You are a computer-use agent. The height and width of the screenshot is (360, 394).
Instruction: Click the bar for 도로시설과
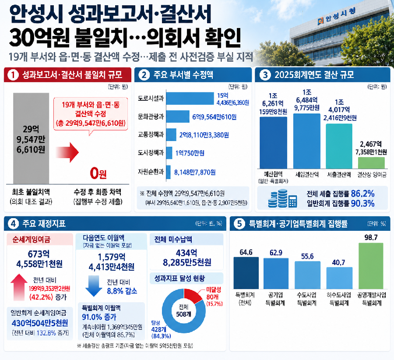[x=190, y=98]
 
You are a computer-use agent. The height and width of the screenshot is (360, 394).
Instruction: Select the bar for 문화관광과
[x=178, y=116]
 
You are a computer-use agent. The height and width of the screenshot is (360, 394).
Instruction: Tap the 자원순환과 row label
[x=151, y=172]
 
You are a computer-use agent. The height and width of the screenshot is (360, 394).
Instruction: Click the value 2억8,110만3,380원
[x=204, y=135]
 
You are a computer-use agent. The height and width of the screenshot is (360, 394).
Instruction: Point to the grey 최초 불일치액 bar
[x=31, y=138]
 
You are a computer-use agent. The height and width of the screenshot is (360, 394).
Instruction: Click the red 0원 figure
[x=98, y=173]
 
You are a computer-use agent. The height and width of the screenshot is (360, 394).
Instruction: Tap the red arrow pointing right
[x=67, y=152]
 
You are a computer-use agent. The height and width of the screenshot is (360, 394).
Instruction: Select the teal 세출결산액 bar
[x=339, y=146]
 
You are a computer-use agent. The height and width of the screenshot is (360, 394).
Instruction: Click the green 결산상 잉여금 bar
[x=371, y=163]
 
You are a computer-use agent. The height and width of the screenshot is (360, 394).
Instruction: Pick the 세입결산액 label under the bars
[x=307, y=175]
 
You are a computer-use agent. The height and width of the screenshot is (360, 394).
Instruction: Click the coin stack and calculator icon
[x=282, y=198]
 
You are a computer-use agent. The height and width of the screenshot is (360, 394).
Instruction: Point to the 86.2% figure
[x=362, y=194]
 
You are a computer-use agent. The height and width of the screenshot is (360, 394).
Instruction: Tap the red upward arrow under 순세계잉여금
[x=19, y=287]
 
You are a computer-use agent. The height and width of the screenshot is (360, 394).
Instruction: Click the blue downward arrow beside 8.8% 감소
[x=94, y=286]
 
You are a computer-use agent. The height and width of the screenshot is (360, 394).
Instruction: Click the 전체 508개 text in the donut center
[x=184, y=311]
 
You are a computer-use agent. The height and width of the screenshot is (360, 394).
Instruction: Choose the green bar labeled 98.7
[x=371, y=266]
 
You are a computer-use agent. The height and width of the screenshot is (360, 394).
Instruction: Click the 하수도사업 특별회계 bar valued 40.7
[x=339, y=278]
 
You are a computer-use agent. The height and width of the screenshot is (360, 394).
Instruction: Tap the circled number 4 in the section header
[x=13, y=223]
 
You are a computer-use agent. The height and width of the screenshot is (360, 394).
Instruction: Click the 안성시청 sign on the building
[x=337, y=16]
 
